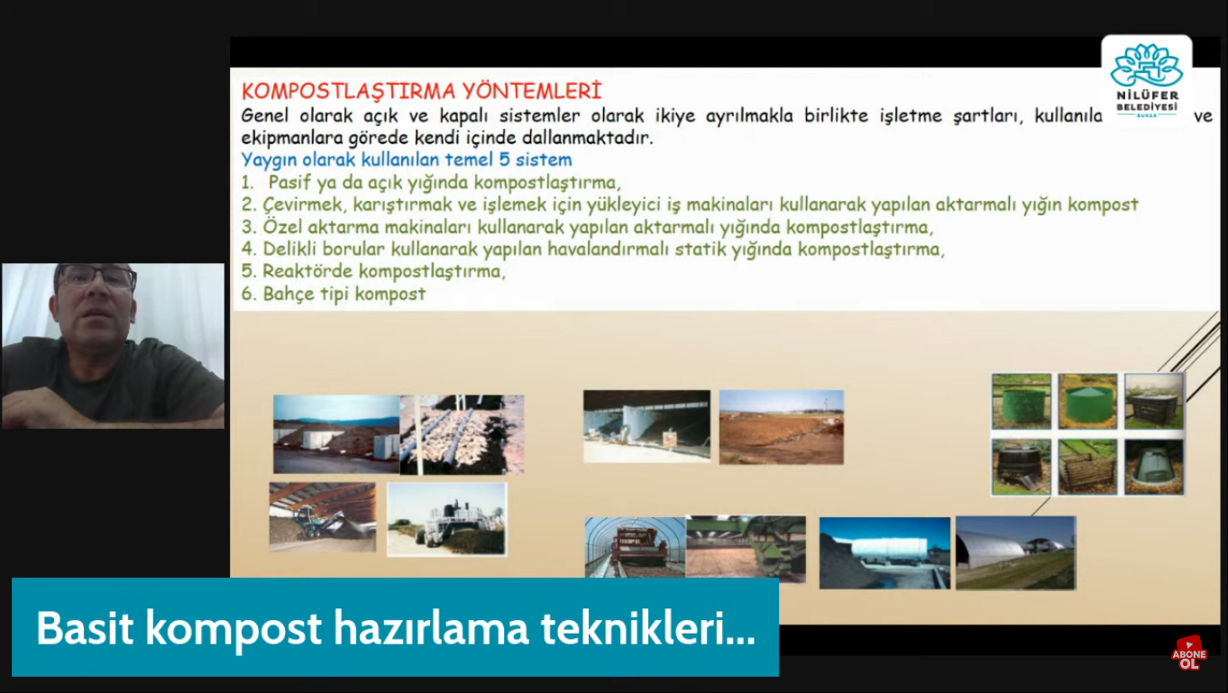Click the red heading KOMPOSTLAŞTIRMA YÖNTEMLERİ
point(421,92)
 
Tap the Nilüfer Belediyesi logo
point(1146,80)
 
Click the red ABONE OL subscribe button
point(1188,653)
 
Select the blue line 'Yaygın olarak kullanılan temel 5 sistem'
point(407,160)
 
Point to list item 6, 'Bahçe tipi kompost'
point(334,294)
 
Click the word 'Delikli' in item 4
point(289,249)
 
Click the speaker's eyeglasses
point(96,278)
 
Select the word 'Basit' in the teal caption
point(85,628)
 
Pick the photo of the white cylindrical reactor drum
point(884,553)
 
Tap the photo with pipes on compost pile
point(463,434)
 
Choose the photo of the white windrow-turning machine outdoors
point(447,519)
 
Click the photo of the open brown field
point(781,427)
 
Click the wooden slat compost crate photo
point(1087,467)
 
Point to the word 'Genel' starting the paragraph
point(264,116)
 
